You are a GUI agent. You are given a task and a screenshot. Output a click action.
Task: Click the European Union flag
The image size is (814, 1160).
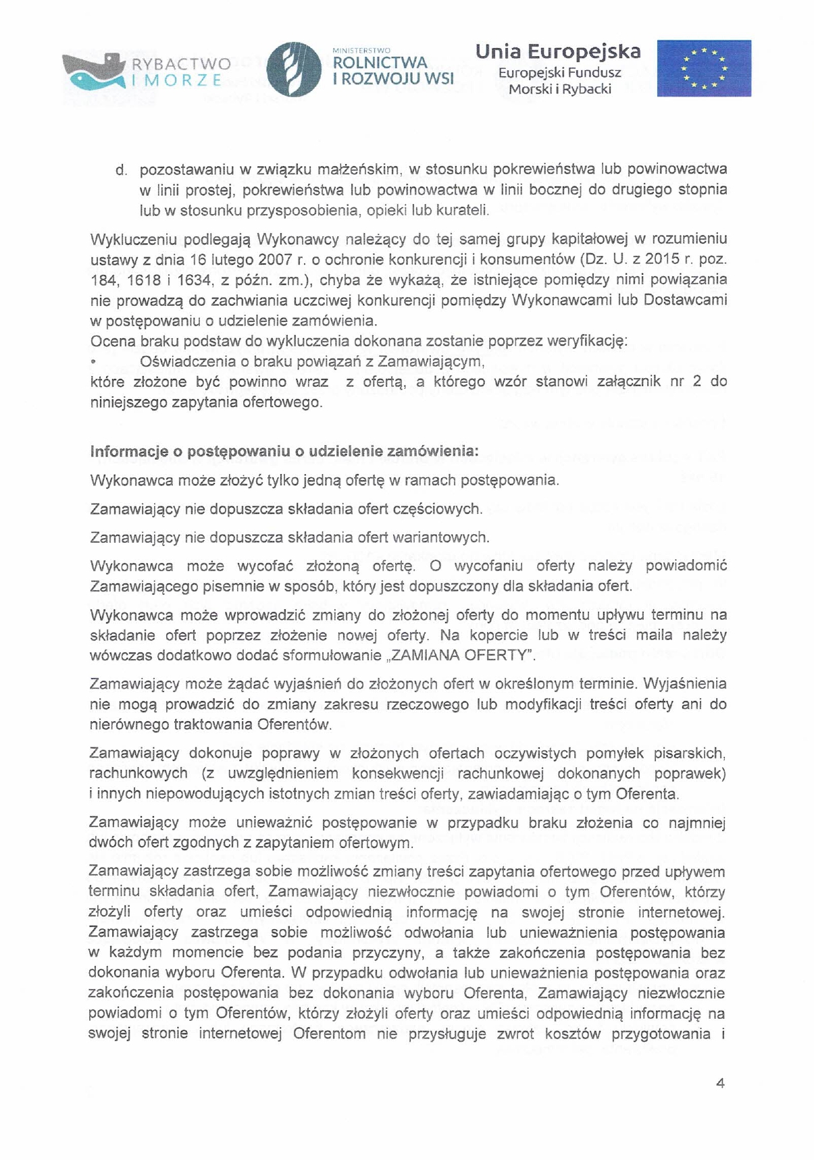704,68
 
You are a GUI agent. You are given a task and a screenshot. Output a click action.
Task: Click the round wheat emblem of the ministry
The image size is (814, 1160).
294,69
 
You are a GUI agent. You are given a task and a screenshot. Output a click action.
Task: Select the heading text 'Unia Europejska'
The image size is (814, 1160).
558,52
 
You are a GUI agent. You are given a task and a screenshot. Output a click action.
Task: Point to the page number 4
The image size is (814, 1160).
720,1083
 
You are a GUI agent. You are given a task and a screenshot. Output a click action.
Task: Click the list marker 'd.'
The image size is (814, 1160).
122,170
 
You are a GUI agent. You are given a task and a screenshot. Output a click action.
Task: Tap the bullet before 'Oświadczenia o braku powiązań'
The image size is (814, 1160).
93,363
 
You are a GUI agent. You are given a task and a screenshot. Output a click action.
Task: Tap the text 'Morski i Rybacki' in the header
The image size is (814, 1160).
559,89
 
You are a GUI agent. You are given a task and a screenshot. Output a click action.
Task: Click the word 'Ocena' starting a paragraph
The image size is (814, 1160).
112,341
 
